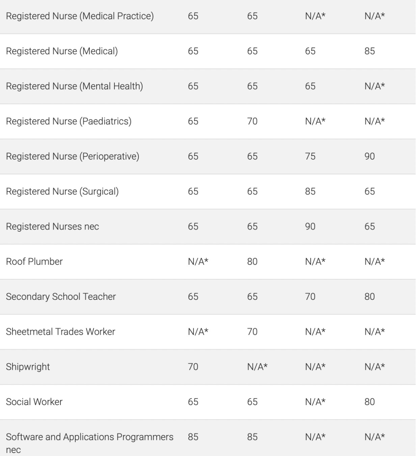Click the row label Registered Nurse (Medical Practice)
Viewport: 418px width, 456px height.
[80, 16]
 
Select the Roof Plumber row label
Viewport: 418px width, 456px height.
[34, 261]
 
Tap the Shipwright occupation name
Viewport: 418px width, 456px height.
[28, 367]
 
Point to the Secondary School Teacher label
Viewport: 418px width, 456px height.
[61, 296]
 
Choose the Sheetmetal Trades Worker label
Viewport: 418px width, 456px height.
[60, 332]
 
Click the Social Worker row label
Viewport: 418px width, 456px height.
[34, 402]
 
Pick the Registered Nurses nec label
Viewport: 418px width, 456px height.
[52, 226]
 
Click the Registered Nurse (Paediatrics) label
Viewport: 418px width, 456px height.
[68, 121]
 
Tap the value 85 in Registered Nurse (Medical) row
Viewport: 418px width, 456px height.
[369, 51]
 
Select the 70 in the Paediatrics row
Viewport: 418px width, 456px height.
[252, 121]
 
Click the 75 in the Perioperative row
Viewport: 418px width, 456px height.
[310, 156]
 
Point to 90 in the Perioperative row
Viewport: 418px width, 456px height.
[369, 156]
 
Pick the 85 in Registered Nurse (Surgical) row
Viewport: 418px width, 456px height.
[310, 192]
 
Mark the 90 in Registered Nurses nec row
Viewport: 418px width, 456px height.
[310, 226]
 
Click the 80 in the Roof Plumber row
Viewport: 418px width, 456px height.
[252, 261]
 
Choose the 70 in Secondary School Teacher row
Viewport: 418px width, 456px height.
[310, 296]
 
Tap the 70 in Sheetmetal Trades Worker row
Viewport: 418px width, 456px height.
[252, 332]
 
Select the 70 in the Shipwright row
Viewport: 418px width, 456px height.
[193, 367]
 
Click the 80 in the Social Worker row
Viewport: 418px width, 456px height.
[369, 402]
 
